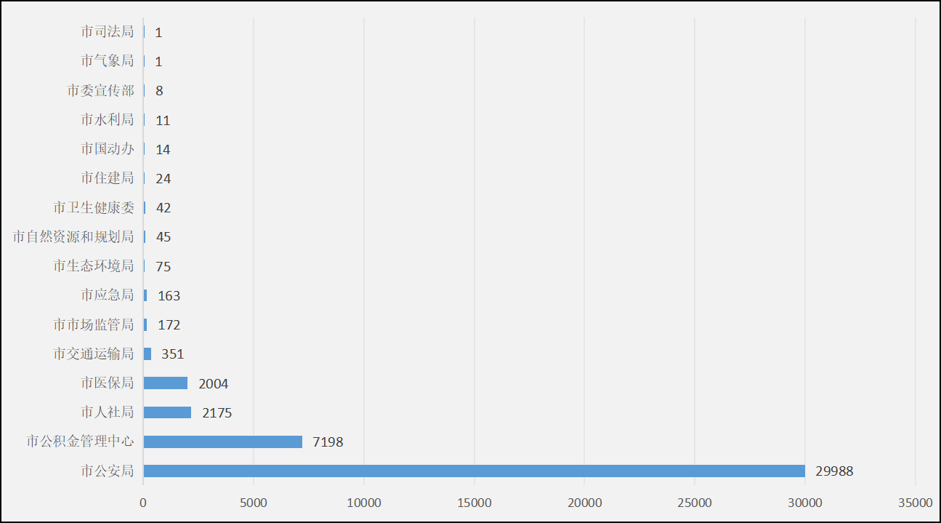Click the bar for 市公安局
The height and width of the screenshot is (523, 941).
[x=474, y=471]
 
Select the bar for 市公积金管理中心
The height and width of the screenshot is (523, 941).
[x=222, y=442]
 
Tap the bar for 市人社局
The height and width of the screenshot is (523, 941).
[x=167, y=412]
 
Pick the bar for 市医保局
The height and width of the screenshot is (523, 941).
[x=165, y=383]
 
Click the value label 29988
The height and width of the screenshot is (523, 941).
[x=833, y=471]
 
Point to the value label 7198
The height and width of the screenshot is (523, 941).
[x=328, y=442]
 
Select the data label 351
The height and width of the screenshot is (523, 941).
[x=172, y=354]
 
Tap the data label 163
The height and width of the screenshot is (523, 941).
[x=169, y=296]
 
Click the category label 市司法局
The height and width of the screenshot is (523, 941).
[x=108, y=32]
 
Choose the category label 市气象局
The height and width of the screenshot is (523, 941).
[x=108, y=61]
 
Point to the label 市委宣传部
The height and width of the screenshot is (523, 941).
[x=100, y=90]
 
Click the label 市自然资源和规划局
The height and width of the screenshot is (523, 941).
[x=73, y=237]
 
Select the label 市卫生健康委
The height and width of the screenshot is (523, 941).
[x=94, y=208]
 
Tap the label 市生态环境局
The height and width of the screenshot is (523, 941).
[x=94, y=266]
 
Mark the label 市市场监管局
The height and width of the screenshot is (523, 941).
[x=94, y=324]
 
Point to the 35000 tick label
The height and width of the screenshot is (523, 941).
[x=915, y=503]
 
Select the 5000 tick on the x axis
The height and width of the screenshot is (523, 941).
[x=254, y=503]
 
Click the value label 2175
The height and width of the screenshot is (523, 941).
[x=217, y=413]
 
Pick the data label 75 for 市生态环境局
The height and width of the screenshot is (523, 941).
[x=163, y=267]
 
